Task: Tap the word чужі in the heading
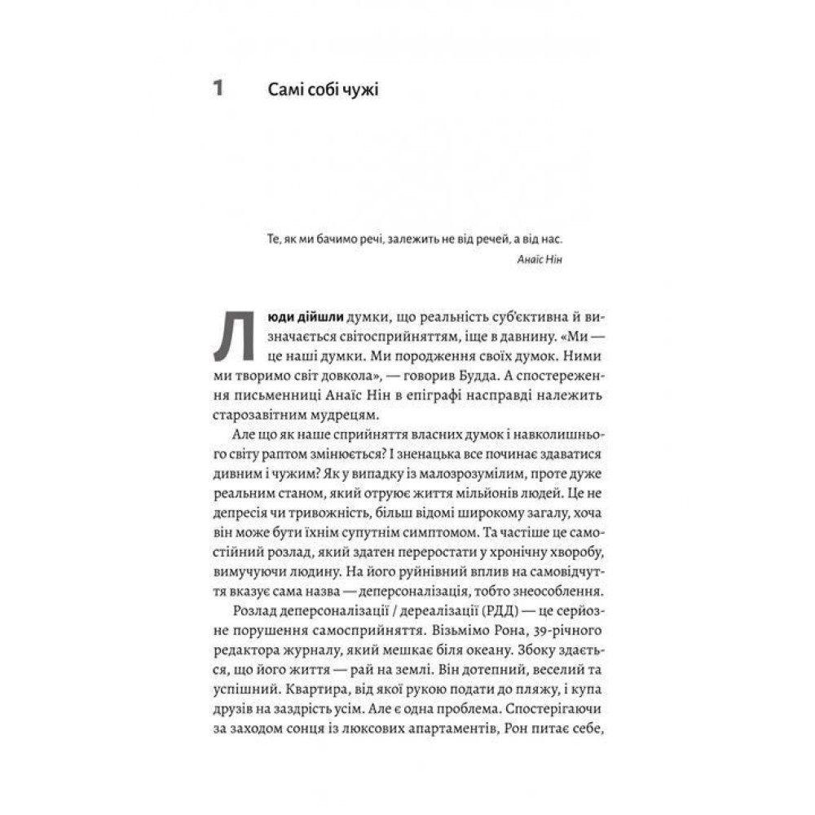tap(357, 90)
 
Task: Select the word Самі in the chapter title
tap(285, 89)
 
